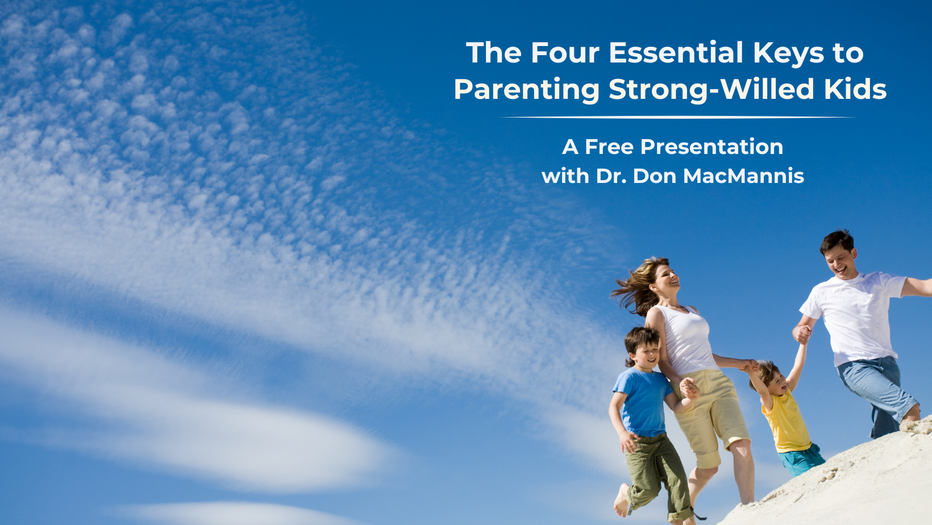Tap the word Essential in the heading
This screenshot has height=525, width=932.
tap(676, 53)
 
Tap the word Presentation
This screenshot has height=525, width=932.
tap(712, 147)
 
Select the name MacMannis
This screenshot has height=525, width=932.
tap(743, 176)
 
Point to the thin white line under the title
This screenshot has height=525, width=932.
tap(678, 118)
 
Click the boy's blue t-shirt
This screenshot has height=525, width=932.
tap(643, 402)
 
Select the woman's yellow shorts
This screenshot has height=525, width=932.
tap(712, 416)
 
